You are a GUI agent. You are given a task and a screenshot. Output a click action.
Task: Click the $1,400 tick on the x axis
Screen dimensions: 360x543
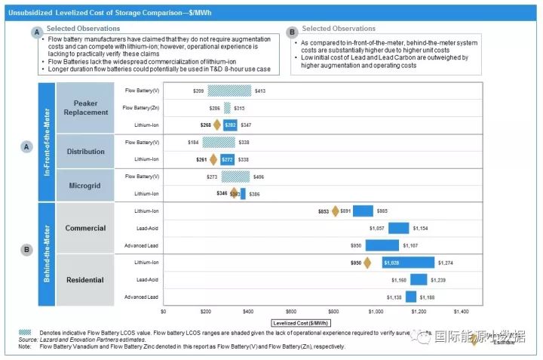[462, 311]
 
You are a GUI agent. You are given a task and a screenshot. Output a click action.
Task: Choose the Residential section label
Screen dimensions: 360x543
[84, 280]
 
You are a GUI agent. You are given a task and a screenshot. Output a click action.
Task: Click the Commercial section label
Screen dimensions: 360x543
[84, 228]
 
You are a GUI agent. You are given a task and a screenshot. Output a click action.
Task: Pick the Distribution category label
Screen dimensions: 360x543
[86, 151]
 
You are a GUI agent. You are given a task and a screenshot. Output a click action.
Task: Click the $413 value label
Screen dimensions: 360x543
[260, 91]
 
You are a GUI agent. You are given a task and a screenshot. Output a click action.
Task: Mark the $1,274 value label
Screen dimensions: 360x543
[445, 263]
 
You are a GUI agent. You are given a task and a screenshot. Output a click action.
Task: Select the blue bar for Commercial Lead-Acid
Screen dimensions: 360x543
[399, 228]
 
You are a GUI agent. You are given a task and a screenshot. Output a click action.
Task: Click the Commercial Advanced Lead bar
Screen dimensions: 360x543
[382, 245]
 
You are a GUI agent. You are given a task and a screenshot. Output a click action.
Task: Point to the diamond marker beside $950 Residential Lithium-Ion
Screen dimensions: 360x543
[367, 263]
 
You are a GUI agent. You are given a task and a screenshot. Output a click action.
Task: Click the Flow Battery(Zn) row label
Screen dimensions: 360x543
[142, 108]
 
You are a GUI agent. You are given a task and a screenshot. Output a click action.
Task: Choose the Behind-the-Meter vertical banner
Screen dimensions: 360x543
[46, 253]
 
